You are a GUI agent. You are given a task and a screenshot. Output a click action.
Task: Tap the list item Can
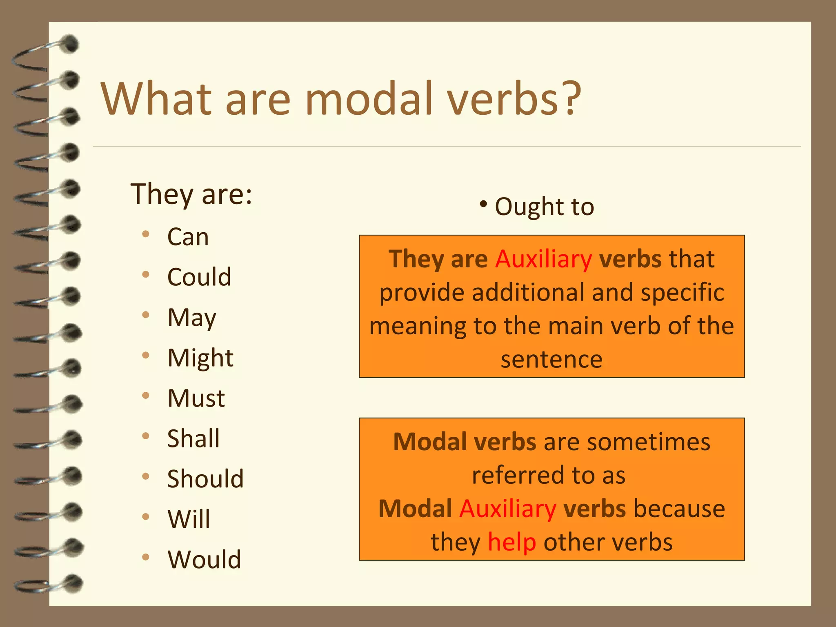pos(188,237)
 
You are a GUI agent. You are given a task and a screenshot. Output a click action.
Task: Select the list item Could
pos(199,277)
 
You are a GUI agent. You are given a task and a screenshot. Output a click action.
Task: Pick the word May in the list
pos(192,318)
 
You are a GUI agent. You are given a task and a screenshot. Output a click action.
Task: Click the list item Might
pos(200,358)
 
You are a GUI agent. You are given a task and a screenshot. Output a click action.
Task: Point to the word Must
pos(196,398)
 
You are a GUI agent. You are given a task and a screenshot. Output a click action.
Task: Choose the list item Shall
pos(193,439)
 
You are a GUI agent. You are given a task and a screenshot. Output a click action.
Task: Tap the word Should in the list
pos(205,479)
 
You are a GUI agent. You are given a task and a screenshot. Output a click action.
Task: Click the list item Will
pos(189,519)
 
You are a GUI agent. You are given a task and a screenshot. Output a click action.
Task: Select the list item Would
pos(204,560)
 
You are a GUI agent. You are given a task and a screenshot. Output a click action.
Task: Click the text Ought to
pos(544,207)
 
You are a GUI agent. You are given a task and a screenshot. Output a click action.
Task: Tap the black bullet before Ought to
pos(483,204)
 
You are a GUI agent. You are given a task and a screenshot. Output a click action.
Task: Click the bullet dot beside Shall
pos(146,436)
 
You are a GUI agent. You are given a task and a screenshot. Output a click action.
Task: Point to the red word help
pos(512,543)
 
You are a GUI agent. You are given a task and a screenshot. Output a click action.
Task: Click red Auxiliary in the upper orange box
pos(543,259)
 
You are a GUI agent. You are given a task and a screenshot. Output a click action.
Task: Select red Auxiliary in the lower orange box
pos(507,509)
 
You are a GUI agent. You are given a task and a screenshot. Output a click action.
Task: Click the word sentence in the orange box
pos(551,360)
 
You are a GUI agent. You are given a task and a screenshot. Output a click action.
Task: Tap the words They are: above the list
pos(191,194)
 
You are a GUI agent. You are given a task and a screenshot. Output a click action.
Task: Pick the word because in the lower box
pos(679,509)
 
